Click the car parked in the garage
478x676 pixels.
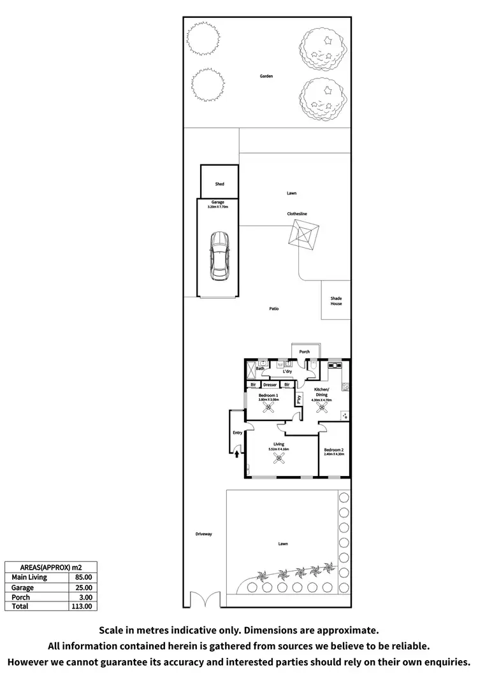pos(219,256)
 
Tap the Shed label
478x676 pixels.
pos(219,184)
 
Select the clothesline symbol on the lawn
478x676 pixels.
pos(304,237)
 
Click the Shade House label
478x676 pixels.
pos(336,301)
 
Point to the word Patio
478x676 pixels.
pos(273,309)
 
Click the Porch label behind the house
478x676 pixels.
pos(304,351)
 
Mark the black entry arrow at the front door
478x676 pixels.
pos(237,454)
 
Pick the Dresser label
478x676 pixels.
pos(270,385)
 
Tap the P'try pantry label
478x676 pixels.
pos(298,400)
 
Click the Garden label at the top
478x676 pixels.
pos(266,76)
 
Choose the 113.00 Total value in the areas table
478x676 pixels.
pos(83,607)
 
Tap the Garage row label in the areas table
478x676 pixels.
pos(22,587)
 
